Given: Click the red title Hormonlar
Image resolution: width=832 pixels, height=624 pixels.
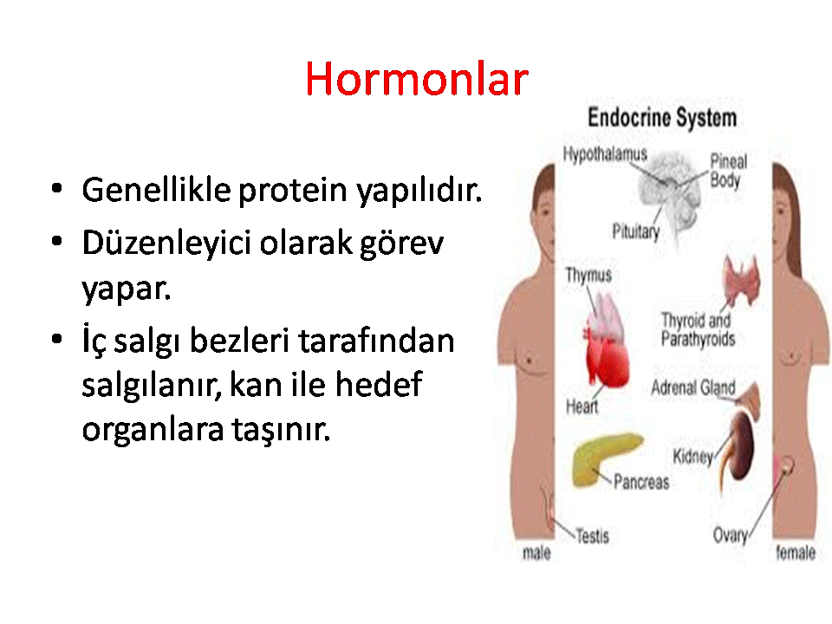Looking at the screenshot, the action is [417, 79].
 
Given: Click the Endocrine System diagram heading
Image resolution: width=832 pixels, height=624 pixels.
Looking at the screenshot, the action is [662, 118].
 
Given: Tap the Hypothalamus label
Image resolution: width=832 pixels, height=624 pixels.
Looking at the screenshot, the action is [605, 154].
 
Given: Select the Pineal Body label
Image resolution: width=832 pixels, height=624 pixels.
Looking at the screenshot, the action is [728, 171].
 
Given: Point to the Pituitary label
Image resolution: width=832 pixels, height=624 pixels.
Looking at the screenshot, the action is [635, 231].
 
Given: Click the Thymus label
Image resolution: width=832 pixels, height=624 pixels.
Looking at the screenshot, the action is [588, 275].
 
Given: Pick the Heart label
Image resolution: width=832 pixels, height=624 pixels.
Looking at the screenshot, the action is [582, 406].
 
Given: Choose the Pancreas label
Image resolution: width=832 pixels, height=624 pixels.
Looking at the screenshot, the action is [641, 482].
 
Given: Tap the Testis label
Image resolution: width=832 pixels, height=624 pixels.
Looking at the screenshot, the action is [592, 536].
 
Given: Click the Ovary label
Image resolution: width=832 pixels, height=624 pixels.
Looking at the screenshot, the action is [730, 536].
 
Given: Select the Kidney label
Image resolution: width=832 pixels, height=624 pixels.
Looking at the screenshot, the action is [692, 457].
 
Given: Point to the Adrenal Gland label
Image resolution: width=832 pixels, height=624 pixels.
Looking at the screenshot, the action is [693, 388].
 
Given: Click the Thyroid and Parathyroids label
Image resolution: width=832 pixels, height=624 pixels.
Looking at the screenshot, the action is [698, 329].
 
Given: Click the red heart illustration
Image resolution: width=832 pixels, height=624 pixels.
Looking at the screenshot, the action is [608, 353].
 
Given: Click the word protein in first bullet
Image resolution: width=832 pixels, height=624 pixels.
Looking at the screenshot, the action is [292, 190].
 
